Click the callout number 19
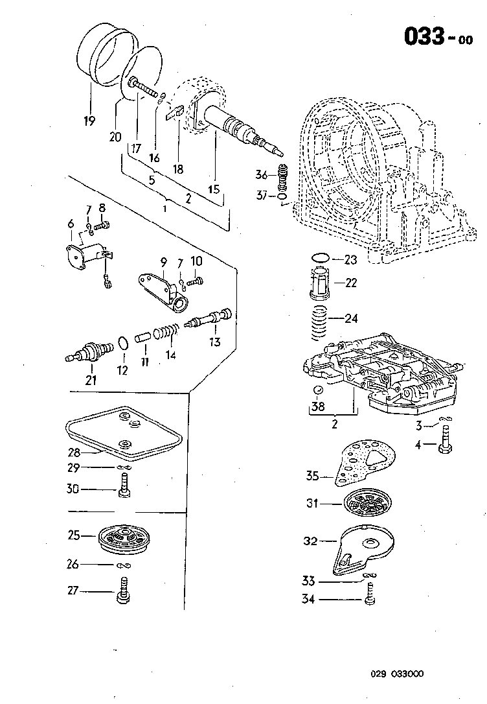pos(89,121)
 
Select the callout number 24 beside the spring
pos(352,318)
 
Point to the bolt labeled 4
pos(446,447)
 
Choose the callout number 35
pos(313,476)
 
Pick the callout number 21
pos(91,380)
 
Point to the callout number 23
pos(350,260)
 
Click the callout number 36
pos(261,174)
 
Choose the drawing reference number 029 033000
pos(397,674)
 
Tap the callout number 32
pos(311,541)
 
